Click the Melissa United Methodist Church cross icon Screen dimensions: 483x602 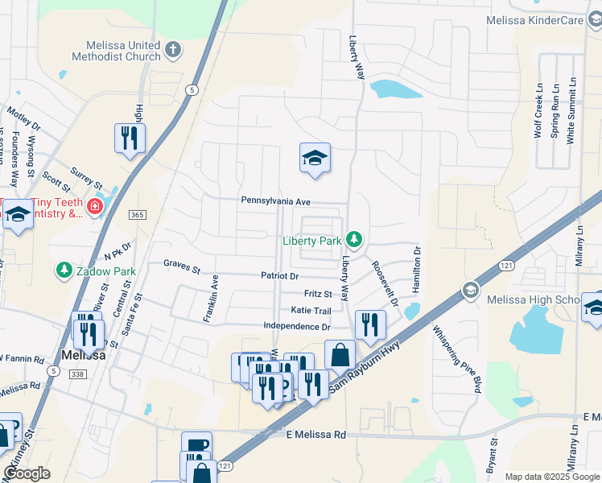click(173, 52)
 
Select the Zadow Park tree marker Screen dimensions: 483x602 click(64, 271)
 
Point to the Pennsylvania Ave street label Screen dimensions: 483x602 click(274, 201)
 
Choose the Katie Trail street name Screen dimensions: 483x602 click(311, 311)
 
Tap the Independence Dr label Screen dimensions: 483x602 click(297, 327)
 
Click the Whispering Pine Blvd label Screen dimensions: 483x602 click(459, 358)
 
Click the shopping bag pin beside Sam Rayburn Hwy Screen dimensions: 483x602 click(340, 354)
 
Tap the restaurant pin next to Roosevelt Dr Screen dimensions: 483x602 click(370, 324)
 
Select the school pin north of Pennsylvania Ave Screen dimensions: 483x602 click(315, 158)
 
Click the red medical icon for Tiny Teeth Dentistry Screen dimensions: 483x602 click(95, 207)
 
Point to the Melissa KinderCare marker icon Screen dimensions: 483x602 click(595, 19)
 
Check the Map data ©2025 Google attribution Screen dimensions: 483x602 click(551, 477)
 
